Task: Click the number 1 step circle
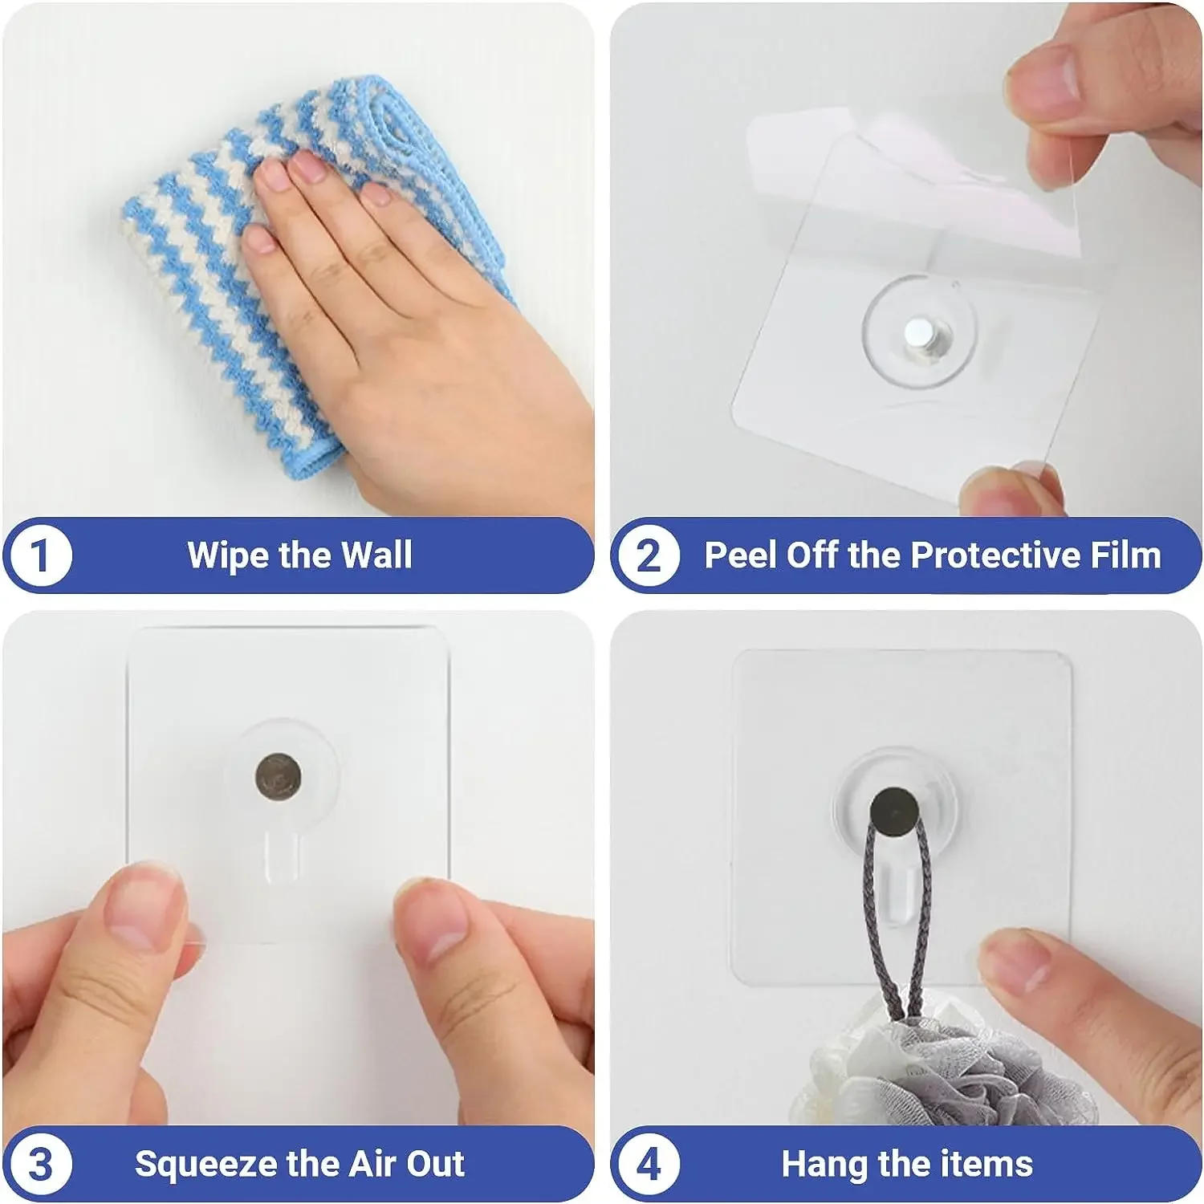pos(40,555)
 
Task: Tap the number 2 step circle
pos(648,555)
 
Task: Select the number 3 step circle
pos(40,1164)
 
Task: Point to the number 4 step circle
pos(648,1164)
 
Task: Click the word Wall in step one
pos(376,555)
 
